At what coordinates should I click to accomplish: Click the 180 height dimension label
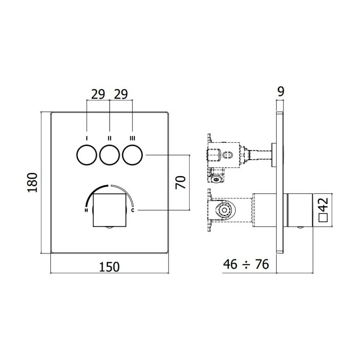33,183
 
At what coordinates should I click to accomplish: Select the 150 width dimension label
109,267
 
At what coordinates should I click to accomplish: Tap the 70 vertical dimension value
181,183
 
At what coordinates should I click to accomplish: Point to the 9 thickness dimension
281,91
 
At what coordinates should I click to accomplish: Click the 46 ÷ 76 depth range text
246,265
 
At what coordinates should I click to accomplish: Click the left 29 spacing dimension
98,94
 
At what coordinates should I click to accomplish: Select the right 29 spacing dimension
121,94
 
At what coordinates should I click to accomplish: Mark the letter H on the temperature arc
86,211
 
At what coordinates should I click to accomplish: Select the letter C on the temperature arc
133,211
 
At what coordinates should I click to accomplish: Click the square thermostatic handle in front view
109,210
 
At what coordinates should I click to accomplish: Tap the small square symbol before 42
323,217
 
